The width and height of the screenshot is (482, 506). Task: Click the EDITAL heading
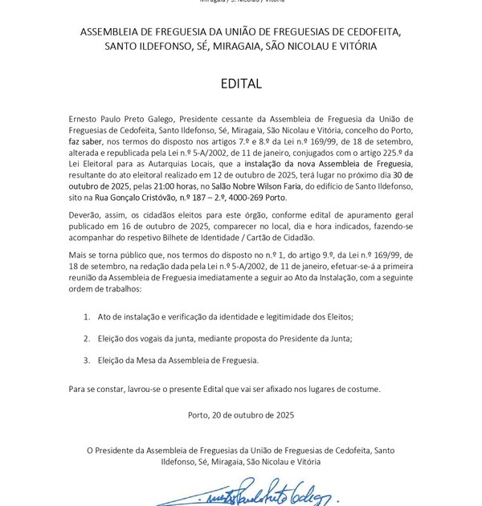(x=241, y=84)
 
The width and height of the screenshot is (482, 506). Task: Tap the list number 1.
(x=87, y=317)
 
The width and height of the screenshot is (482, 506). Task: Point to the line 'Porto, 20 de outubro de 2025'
(x=241, y=414)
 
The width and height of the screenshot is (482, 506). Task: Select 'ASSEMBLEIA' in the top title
(x=112, y=31)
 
